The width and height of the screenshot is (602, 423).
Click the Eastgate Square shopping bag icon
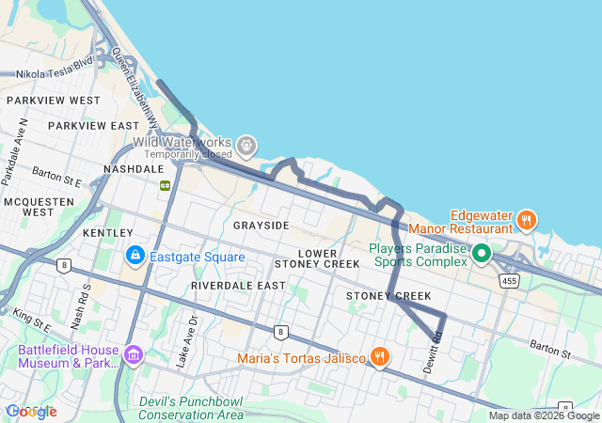135,256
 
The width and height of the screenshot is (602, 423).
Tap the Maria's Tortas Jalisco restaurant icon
380,356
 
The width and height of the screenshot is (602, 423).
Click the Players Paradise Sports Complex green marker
482,253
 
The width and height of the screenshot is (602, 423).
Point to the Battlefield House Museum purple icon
134,355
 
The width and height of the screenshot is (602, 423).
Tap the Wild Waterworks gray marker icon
246,145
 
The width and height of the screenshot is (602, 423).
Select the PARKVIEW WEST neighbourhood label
53,100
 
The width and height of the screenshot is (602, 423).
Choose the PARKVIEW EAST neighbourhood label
94,125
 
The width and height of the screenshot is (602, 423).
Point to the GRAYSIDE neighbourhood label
261,226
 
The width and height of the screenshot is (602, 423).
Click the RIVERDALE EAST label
238,285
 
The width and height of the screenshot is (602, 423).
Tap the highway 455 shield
510,280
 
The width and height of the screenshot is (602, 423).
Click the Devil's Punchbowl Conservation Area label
191,408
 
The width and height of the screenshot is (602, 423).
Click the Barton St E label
56,176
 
